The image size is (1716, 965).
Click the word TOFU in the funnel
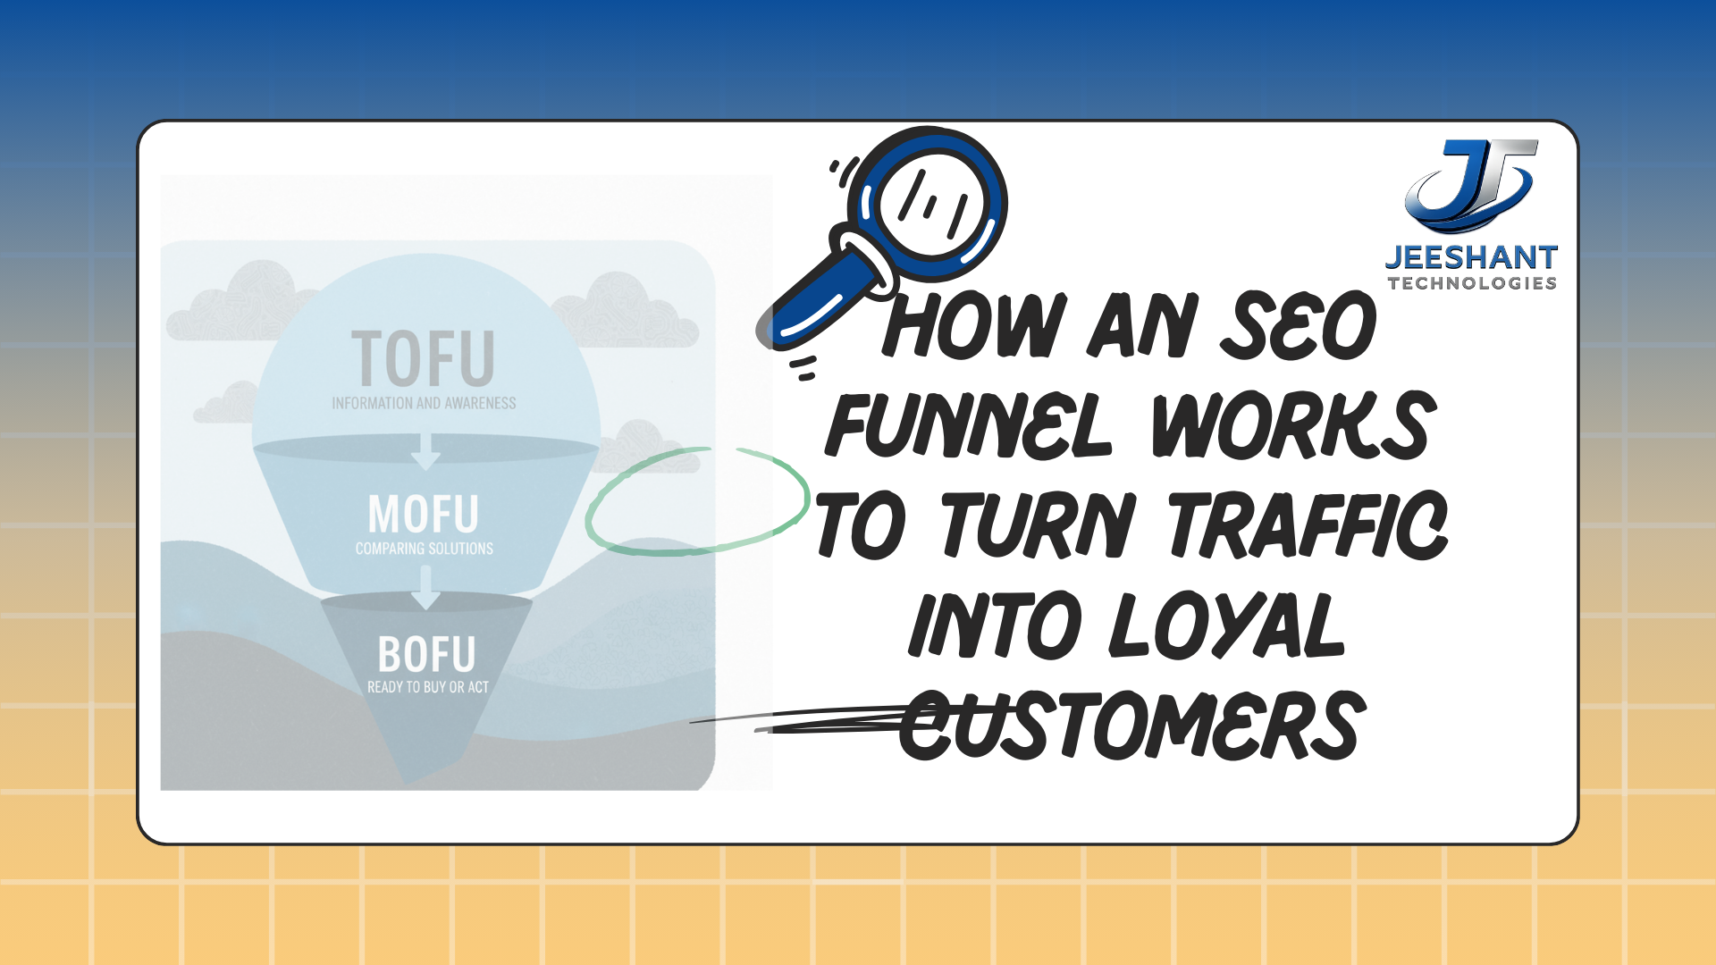click(423, 358)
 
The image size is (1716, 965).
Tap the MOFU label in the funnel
click(424, 515)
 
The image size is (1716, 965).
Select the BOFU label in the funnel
click(426, 655)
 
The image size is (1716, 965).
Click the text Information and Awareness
click(424, 404)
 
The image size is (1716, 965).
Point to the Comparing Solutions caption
click(425, 549)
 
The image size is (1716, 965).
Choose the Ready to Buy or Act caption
click(428, 687)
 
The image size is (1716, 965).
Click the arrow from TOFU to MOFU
click(425, 451)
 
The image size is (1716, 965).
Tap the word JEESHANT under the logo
click(1471, 257)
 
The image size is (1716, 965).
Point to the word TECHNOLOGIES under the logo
click(1472, 283)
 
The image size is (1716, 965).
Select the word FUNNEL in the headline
click(969, 425)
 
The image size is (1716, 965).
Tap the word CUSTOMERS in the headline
click(1131, 726)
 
